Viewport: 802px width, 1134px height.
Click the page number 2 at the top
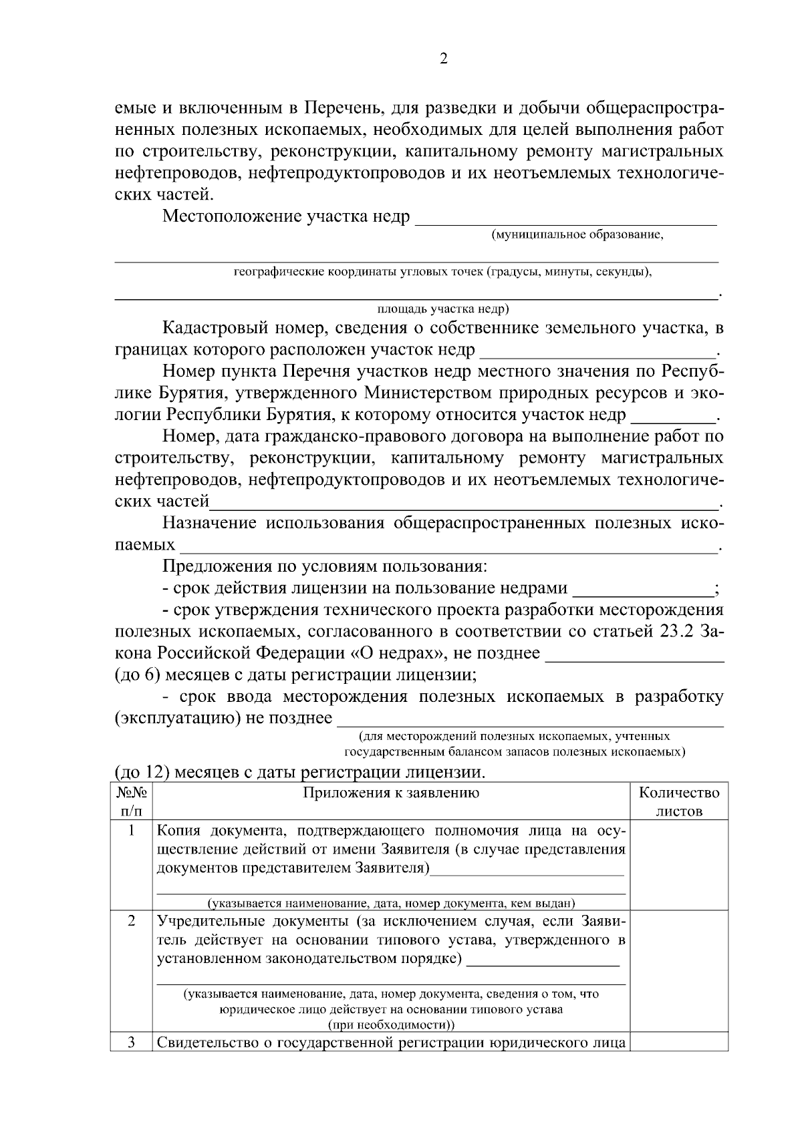pyautogui.click(x=443, y=59)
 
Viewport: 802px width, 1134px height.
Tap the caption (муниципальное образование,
pyautogui.click(x=577, y=235)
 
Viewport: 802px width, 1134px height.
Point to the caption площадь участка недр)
pyautogui.click(x=444, y=309)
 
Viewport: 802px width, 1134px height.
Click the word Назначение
pyautogui.click(x=210, y=523)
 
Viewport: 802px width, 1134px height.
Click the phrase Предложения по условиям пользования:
pyautogui.click(x=325, y=567)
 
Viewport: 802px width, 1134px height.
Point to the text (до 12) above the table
pyautogui.click(x=139, y=773)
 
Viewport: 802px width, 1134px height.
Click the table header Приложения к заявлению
pyautogui.click(x=391, y=793)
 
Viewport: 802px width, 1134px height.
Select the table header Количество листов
pyautogui.click(x=679, y=802)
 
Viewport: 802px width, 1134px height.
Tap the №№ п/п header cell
pyautogui.click(x=132, y=802)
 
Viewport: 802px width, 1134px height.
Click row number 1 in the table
pyautogui.click(x=132, y=831)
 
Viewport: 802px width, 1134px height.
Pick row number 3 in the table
pyautogui.click(x=132, y=1043)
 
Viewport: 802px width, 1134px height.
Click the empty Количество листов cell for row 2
pyautogui.click(x=679, y=972)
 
